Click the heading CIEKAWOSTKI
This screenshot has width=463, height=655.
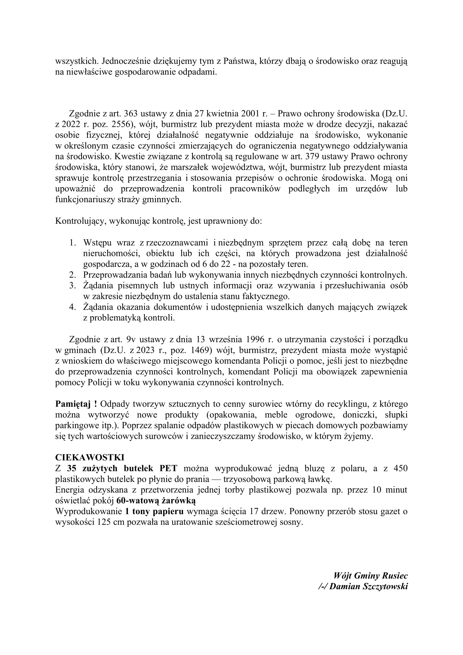coord(90,458)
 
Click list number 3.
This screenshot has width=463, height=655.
coord(73,286)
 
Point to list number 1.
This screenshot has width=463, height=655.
coord(73,243)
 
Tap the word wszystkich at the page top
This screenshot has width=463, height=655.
coord(77,61)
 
